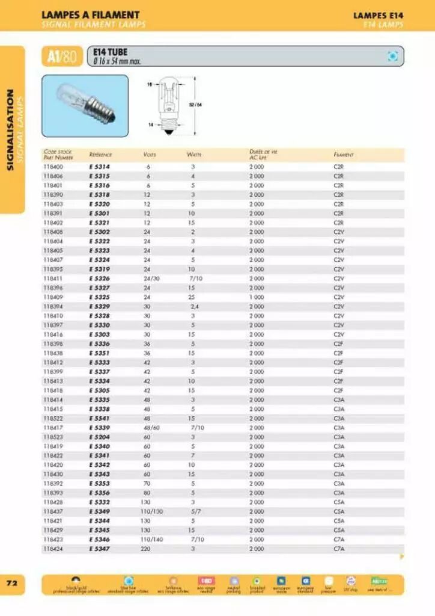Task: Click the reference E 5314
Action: click(99, 167)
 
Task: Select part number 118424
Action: click(53, 549)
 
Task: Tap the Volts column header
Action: click(150, 155)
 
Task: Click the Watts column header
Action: click(193, 155)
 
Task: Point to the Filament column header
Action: click(343, 155)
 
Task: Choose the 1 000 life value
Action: click(257, 297)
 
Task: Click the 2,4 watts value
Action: click(194, 306)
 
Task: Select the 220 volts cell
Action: click(146, 549)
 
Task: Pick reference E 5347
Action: click(99, 549)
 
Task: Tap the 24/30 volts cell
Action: click(151, 279)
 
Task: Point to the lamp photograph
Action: click(85, 98)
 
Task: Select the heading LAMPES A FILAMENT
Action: click(90, 14)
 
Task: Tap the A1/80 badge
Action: click(62, 57)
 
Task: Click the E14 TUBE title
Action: click(111, 52)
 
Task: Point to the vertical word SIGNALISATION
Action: click(10, 129)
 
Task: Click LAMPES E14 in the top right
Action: click(377, 14)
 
